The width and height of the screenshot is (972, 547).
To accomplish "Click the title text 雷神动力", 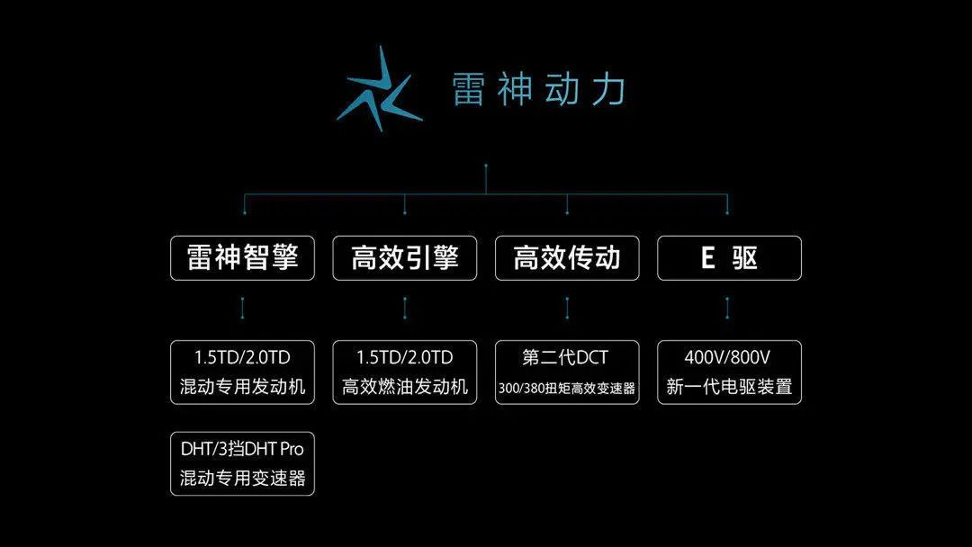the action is (x=538, y=90).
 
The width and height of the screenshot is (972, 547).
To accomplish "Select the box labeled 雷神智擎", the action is (x=243, y=258).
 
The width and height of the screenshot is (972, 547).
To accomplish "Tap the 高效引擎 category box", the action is (x=405, y=258).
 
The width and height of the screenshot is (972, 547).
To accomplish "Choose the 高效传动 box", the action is (x=567, y=258).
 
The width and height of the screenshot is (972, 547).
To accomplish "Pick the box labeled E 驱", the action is (x=729, y=258).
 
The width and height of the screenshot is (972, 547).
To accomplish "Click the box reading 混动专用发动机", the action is (x=243, y=372).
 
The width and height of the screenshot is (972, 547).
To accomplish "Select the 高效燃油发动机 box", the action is (x=405, y=372).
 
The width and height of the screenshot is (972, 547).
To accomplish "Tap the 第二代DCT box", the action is (x=567, y=372).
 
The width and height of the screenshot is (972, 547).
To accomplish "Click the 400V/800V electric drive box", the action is (x=729, y=372).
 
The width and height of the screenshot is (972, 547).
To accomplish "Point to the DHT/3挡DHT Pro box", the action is (x=243, y=463).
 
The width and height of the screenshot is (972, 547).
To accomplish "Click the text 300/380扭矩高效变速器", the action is (x=567, y=389).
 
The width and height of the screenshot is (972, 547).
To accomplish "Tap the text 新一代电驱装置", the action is (x=729, y=388).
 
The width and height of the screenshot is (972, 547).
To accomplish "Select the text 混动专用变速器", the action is (x=243, y=479).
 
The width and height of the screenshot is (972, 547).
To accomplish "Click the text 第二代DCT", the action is (x=566, y=357).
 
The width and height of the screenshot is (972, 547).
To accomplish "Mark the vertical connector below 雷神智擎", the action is (x=243, y=309).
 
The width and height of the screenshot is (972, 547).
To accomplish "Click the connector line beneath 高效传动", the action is (x=567, y=309).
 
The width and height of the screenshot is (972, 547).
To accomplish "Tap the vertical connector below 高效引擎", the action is (x=405, y=309).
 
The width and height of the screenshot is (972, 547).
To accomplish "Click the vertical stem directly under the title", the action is (x=486, y=179).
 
